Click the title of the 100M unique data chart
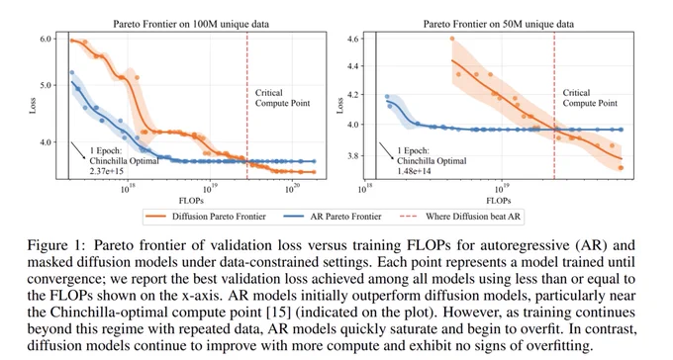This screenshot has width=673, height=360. pyautogui.click(x=191, y=24)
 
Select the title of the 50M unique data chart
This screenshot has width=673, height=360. pyautogui.click(x=498, y=24)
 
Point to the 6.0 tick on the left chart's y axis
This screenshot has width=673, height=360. pyautogui.click(x=46, y=39)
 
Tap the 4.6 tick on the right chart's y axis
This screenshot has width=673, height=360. pyautogui.click(x=352, y=39)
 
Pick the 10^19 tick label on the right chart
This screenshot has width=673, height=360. pyautogui.click(x=500, y=189)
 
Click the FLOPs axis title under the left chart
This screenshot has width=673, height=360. pyautogui.click(x=191, y=201)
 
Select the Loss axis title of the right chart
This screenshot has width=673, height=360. pyautogui.click(x=339, y=106)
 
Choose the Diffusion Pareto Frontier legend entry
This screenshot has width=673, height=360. pyautogui.click(x=206, y=217)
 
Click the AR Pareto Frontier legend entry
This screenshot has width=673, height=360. pyautogui.click(x=333, y=217)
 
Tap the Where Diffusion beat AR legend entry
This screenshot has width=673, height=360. pyautogui.click(x=459, y=217)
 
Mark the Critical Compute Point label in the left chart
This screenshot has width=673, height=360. pyautogui.click(x=282, y=98)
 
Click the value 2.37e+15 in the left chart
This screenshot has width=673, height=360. pyautogui.click(x=107, y=171)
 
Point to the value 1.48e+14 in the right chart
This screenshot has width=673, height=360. pyautogui.click(x=414, y=171)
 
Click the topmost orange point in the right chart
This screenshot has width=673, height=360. pyautogui.click(x=452, y=39)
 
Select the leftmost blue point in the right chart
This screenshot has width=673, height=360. pyautogui.click(x=387, y=97)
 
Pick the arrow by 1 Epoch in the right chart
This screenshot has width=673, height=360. pyautogui.click(x=386, y=151)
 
